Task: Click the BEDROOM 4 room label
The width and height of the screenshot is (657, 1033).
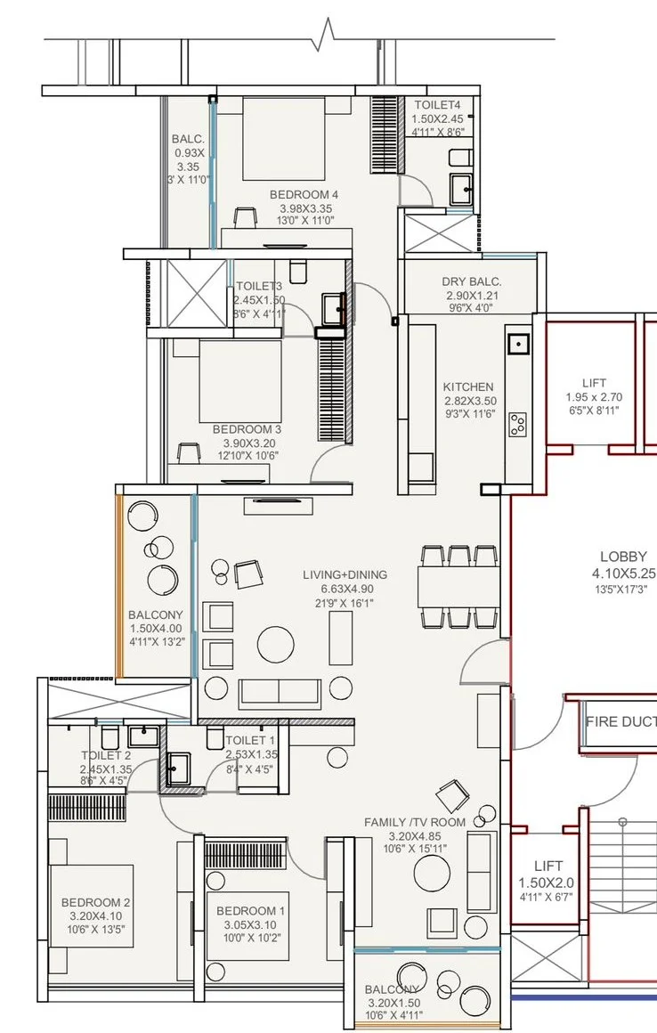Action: (304, 195)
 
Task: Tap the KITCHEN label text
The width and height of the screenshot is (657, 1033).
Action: (468, 386)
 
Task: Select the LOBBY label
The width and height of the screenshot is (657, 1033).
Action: (623, 557)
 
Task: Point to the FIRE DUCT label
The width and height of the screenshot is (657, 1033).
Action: (621, 721)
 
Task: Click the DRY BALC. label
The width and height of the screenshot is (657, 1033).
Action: (471, 282)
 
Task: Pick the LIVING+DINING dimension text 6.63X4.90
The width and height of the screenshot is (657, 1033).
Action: (345, 589)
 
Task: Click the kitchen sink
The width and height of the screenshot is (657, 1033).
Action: (518, 344)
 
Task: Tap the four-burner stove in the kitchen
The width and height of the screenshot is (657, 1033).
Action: (518, 424)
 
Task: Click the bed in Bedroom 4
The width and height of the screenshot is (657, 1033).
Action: (284, 138)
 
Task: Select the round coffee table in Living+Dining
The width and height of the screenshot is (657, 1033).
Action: (276, 645)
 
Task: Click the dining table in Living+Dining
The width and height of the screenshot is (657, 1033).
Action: (458, 586)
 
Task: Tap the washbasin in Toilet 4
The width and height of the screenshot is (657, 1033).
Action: (461, 190)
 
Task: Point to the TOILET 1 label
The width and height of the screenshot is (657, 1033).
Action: (250, 741)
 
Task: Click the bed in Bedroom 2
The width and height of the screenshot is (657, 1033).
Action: (92, 907)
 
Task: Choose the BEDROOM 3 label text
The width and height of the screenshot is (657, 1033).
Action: (247, 429)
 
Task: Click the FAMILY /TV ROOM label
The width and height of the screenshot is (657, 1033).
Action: (415, 822)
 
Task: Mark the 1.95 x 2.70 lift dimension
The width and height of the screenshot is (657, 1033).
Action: (594, 397)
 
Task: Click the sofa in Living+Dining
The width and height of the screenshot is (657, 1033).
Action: (280, 693)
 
